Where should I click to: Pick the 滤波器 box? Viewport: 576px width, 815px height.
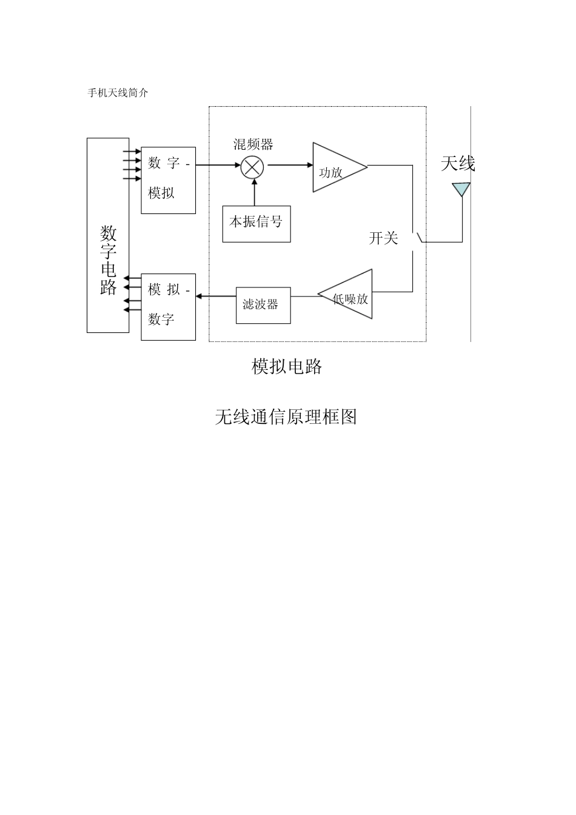(263, 305)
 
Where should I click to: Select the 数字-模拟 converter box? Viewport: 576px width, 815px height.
(168, 180)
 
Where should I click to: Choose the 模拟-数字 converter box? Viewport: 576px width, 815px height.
(168, 306)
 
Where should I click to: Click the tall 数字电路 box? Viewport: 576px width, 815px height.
(108, 235)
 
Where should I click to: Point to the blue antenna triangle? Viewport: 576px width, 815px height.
(461, 189)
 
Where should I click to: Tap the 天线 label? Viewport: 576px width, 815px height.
(458, 164)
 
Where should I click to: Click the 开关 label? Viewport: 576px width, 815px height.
(383, 238)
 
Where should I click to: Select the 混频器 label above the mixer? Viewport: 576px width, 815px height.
(253, 144)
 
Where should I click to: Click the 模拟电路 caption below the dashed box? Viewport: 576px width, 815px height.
(287, 366)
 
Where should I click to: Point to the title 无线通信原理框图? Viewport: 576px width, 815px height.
(286, 417)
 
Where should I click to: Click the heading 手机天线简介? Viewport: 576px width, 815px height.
(118, 93)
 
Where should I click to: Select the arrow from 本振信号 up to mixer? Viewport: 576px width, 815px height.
(254, 193)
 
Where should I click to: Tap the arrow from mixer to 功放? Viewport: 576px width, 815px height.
(289, 165)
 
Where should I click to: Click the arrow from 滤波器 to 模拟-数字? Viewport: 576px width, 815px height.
(216, 296)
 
